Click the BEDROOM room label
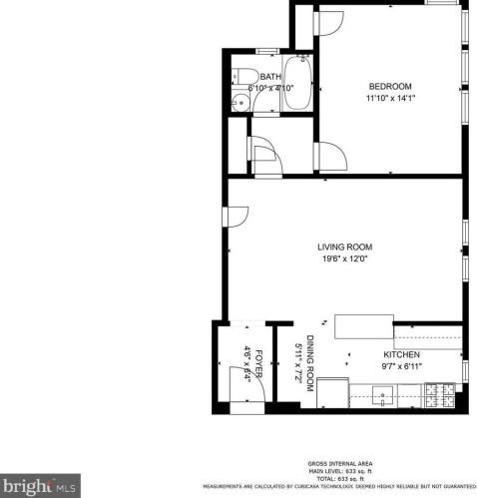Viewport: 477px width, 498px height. (391, 87)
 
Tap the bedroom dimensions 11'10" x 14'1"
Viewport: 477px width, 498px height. (391, 98)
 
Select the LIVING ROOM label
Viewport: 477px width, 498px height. (344, 248)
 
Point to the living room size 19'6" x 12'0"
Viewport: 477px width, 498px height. (344, 259)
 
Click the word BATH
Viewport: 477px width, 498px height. (269, 77)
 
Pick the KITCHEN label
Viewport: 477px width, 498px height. (401, 354)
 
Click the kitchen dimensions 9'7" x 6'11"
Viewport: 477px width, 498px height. (401, 366)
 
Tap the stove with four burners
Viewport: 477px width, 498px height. (440, 397)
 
